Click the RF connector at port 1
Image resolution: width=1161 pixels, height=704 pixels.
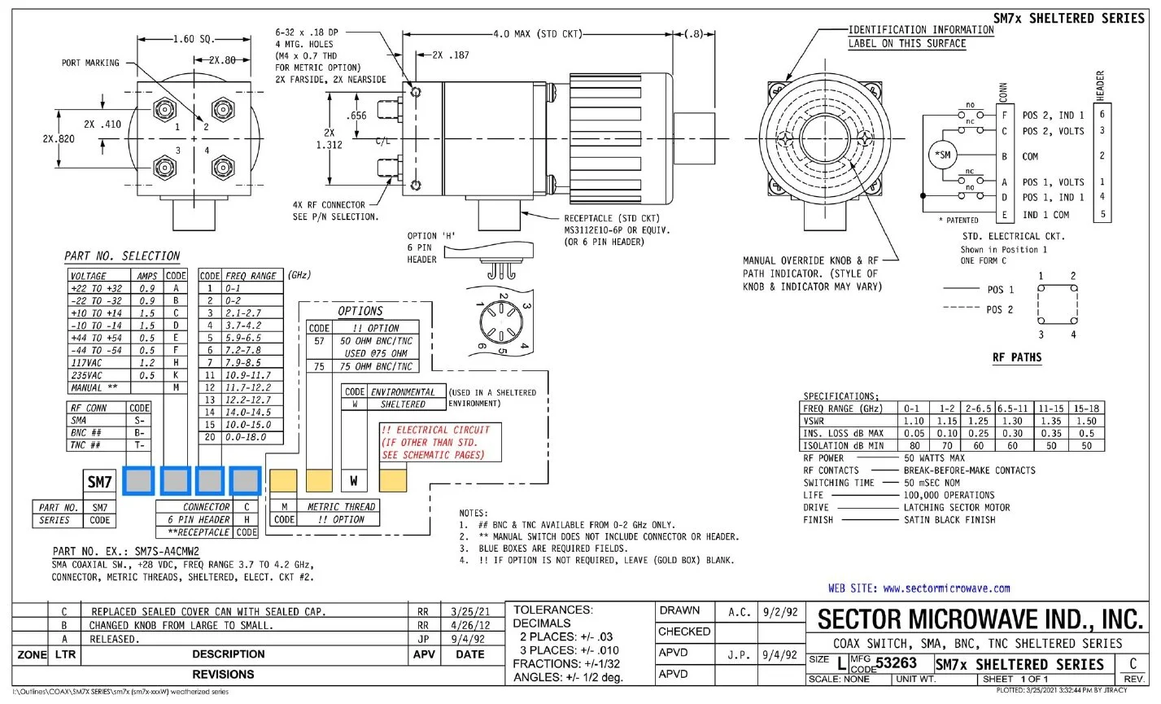pyautogui.click(x=165, y=109)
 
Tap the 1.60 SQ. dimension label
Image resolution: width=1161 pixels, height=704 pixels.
pyautogui.click(x=194, y=39)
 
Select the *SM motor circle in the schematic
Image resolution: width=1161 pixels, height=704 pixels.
pyautogui.click(x=942, y=155)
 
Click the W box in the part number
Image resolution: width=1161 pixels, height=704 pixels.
pyautogui.click(x=354, y=480)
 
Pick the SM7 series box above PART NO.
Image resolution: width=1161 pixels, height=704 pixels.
pyautogui.click(x=99, y=482)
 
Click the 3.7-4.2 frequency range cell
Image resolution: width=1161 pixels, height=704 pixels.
pyautogui.click(x=252, y=326)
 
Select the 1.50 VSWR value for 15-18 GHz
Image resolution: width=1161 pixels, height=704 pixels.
pyautogui.click(x=1086, y=421)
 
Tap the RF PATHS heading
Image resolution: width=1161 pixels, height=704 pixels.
pyautogui.click(x=1017, y=357)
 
